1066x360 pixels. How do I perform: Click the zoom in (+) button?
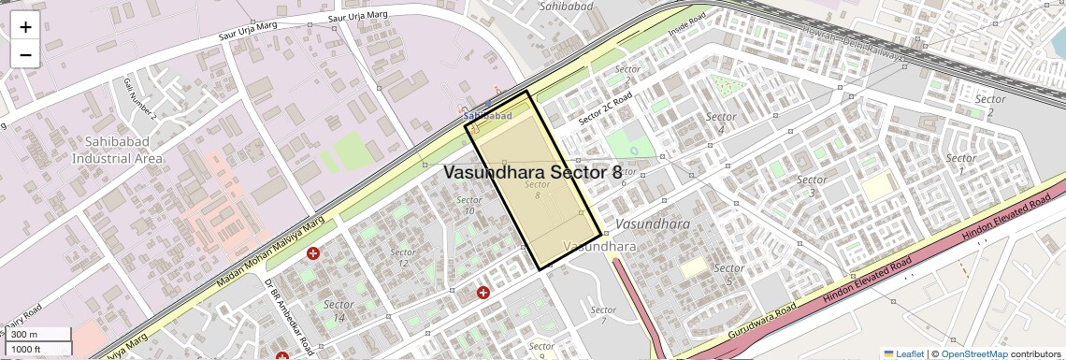click(x=25, y=27)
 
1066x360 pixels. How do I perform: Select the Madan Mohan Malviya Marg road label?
click(x=270, y=252)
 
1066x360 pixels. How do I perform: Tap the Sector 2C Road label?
click(x=606, y=108)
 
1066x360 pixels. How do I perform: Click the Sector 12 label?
click(x=403, y=258)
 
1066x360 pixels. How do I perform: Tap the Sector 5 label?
click(x=728, y=274)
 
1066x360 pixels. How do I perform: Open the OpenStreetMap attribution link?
click(x=973, y=353)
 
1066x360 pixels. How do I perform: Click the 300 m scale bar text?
click(x=25, y=335)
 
